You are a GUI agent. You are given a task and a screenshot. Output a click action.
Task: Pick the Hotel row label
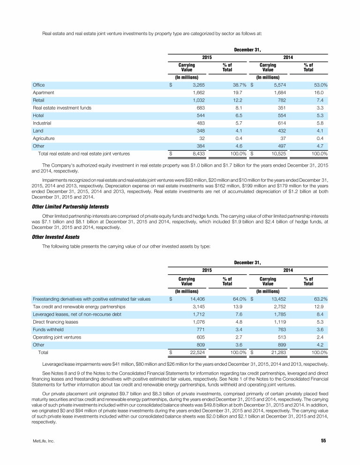pyautogui.click(x=38, y=115)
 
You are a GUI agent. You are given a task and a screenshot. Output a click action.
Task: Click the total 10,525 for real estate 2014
pyautogui.click(x=276, y=153)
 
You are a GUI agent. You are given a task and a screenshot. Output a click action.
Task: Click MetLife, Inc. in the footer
pyautogui.click(x=42, y=453)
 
